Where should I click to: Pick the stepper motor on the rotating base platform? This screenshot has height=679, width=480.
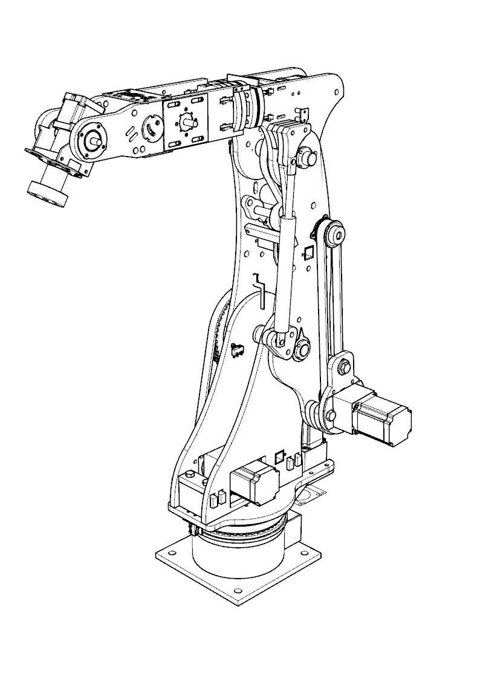click(x=255, y=483)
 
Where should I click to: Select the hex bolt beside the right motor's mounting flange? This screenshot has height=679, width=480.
click(x=331, y=415)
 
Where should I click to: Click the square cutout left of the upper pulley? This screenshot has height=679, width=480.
click(x=307, y=252)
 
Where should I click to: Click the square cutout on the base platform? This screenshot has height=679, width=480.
click(x=279, y=456)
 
